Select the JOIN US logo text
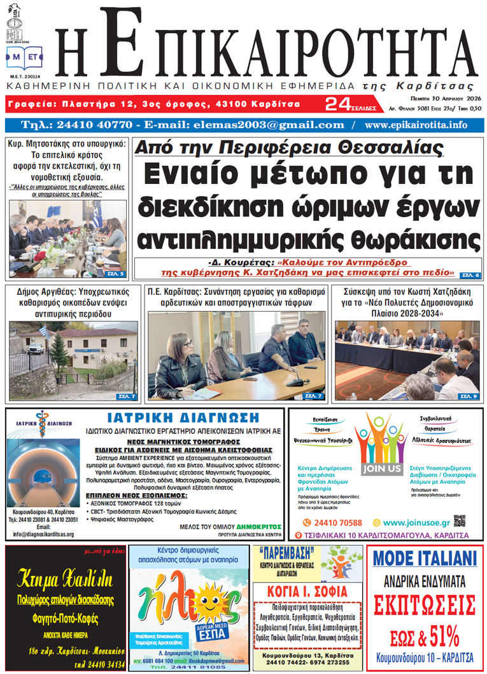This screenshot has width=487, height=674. point(382,469)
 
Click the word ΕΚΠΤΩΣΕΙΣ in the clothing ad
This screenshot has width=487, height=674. point(424,603)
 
